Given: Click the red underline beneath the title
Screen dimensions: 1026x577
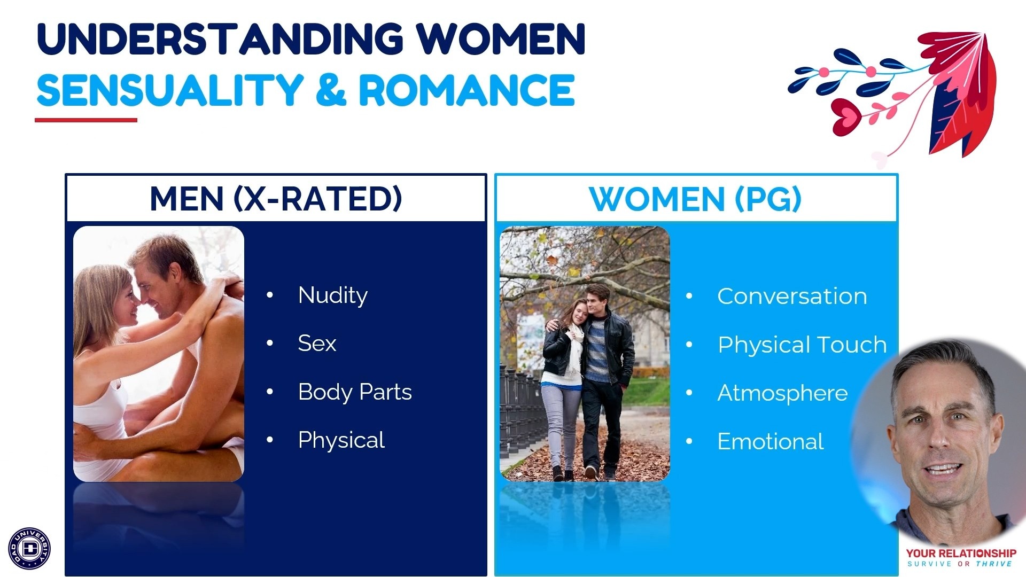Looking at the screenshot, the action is [86, 120].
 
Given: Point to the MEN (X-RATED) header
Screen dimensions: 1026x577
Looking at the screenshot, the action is [276, 199].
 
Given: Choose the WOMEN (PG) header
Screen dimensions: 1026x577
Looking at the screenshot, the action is [695, 199].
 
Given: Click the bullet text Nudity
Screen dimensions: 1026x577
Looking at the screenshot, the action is [333, 295].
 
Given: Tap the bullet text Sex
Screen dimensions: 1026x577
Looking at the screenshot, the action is [317, 344].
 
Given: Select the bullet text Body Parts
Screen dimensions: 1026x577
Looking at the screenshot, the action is [355, 392].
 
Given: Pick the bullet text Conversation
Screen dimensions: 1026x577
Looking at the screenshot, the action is [792, 297].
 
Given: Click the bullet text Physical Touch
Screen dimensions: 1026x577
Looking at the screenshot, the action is [802, 345].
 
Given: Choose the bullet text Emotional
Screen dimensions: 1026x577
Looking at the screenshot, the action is [771, 442].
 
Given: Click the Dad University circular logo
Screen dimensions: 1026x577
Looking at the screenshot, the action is [29, 548].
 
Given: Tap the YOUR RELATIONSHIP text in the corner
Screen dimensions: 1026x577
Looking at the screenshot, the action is [961, 553].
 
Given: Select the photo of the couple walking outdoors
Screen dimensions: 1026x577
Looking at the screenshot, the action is [585, 354].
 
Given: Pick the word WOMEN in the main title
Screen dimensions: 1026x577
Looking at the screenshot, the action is [501, 38].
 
